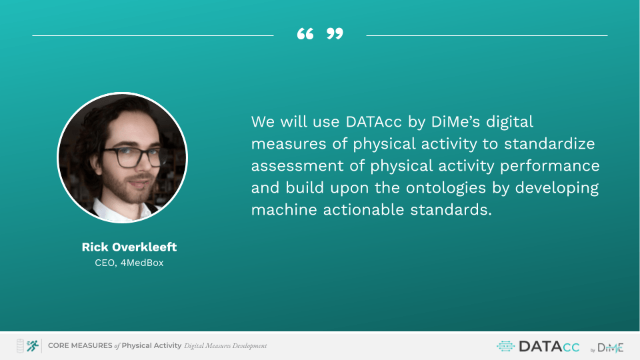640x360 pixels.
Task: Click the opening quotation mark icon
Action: (x=305, y=33)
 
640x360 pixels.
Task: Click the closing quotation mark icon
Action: (x=335, y=33)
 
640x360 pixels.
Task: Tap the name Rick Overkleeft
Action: (x=129, y=247)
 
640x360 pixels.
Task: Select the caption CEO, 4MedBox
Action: (x=129, y=263)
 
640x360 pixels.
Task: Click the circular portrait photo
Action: (x=123, y=157)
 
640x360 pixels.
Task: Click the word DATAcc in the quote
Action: (x=373, y=121)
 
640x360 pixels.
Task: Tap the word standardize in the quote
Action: (x=549, y=144)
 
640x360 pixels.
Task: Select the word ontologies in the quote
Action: (x=446, y=188)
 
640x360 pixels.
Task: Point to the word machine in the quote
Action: (x=284, y=210)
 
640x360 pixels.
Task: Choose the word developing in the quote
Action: (x=557, y=188)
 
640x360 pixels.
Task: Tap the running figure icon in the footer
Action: (x=32, y=346)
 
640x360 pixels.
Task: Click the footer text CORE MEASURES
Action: (x=80, y=346)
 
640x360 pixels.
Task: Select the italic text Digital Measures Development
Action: (x=225, y=346)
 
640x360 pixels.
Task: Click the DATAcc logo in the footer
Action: (x=538, y=347)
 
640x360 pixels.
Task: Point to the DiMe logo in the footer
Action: (x=607, y=348)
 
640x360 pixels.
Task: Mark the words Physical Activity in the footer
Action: (x=151, y=346)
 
